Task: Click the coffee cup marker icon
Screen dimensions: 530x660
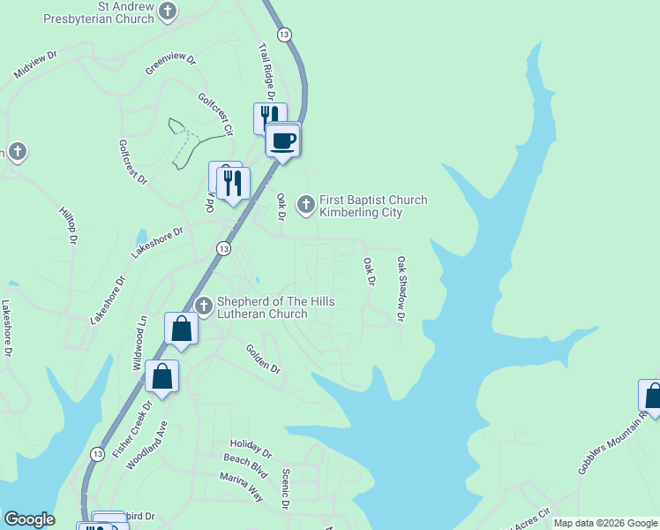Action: click(283, 140)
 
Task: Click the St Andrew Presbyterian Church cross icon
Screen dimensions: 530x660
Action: click(168, 12)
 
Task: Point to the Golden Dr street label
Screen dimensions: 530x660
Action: click(263, 359)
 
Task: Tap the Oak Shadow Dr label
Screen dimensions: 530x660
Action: click(402, 288)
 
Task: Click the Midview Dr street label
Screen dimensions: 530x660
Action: click(35, 67)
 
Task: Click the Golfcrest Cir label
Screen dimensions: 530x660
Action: click(215, 114)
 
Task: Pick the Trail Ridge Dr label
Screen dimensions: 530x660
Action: click(267, 71)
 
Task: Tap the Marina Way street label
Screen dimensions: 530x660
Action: click(242, 487)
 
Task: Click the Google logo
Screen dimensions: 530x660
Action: click(29, 519)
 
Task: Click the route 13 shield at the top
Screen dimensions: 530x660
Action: click(283, 34)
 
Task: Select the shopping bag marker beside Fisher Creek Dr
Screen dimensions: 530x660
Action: click(162, 377)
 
